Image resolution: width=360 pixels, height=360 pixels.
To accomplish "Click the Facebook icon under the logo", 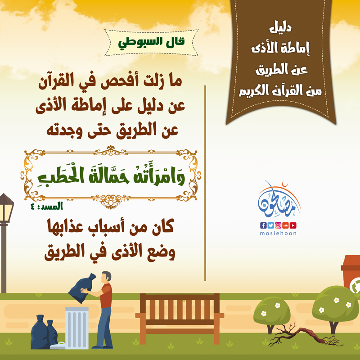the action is click(263, 225).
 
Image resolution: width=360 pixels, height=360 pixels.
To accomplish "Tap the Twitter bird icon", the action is click(270, 225).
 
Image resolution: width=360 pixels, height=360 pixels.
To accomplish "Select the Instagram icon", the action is click(278, 225).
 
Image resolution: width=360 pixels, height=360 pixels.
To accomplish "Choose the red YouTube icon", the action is click(293, 225).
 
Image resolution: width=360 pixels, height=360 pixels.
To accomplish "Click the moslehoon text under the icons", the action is click(278, 233).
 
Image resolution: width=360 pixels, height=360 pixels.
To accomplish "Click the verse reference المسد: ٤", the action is click(47, 206).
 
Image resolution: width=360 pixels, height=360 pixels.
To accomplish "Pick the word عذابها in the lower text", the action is click(63, 227).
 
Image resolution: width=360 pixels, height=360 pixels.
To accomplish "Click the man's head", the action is click(106, 277).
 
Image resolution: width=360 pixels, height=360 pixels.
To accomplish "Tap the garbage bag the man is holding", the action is click(81, 288).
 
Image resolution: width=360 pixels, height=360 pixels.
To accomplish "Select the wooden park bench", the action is click(180, 319).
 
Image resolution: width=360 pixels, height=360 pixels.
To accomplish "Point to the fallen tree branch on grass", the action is click(306, 335).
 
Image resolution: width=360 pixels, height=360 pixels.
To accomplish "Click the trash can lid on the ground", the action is click(58, 346).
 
